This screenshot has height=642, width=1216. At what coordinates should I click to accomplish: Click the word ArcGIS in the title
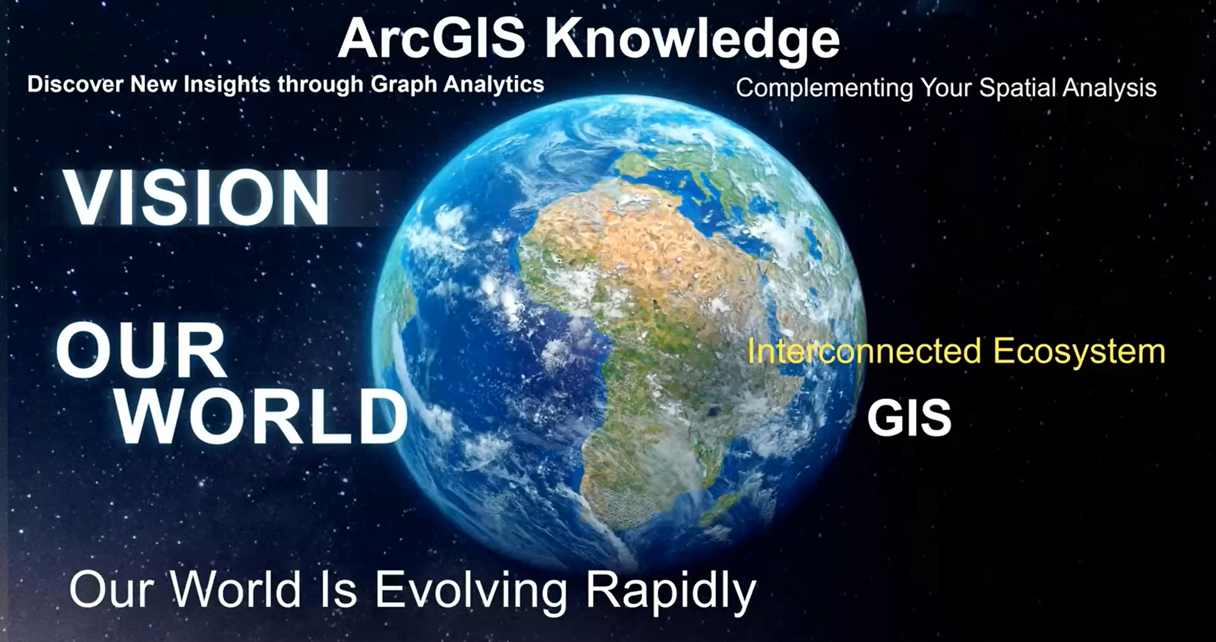click(x=432, y=39)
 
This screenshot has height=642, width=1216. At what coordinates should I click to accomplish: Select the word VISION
click(x=197, y=198)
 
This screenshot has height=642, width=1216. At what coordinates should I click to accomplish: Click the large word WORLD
click(x=261, y=417)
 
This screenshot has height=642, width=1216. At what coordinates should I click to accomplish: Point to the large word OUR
click(x=141, y=349)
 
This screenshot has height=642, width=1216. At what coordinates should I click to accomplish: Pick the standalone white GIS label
click(x=909, y=418)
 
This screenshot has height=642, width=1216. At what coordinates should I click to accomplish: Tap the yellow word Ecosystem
click(x=1079, y=352)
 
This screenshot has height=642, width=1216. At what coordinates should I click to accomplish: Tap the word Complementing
click(x=824, y=88)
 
